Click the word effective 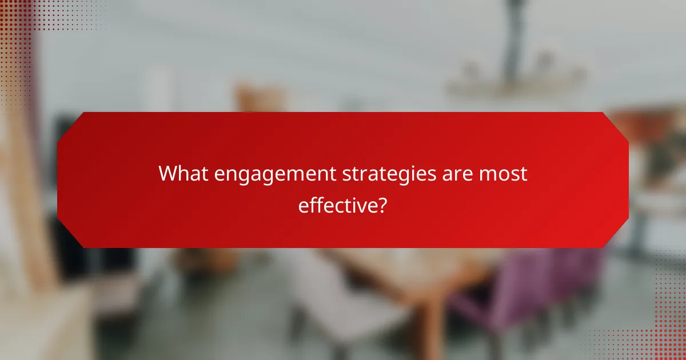tap(337, 205)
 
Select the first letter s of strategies tap(347, 175)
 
